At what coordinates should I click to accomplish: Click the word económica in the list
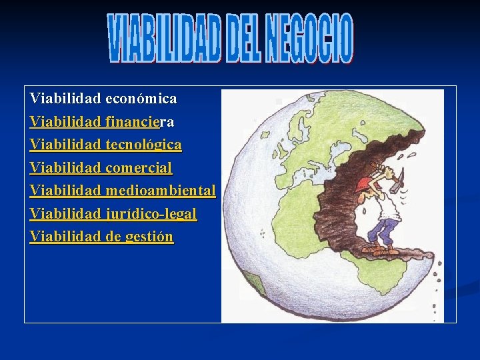click(x=141, y=99)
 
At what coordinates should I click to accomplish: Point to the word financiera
click(x=139, y=122)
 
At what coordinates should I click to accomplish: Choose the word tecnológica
click(x=143, y=145)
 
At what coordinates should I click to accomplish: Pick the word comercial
click(x=138, y=167)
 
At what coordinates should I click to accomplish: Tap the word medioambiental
click(x=160, y=191)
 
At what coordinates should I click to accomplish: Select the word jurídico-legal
click(x=151, y=213)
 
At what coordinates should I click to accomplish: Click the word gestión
click(x=149, y=236)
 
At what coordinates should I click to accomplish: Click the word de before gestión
click(x=113, y=236)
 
